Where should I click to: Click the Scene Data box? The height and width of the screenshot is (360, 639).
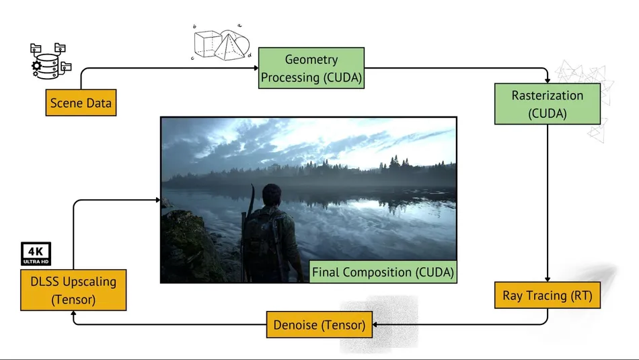click(x=81, y=103)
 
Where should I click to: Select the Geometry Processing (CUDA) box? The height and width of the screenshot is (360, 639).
click(x=311, y=69)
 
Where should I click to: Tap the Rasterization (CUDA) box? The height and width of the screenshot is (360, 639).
click(x=547, y=104)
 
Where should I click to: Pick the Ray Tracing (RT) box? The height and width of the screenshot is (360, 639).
click(x=547, y=295)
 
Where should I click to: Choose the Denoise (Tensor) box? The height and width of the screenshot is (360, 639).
click(x=319, y=326)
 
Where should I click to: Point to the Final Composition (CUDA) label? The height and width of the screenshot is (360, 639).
click(x=382, y=273)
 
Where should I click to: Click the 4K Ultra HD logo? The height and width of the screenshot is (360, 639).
click(x=36, y=253)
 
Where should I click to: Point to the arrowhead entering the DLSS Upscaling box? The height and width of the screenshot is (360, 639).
click(x=73, y=315)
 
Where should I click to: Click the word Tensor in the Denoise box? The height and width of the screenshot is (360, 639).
click(x=342, y=326)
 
